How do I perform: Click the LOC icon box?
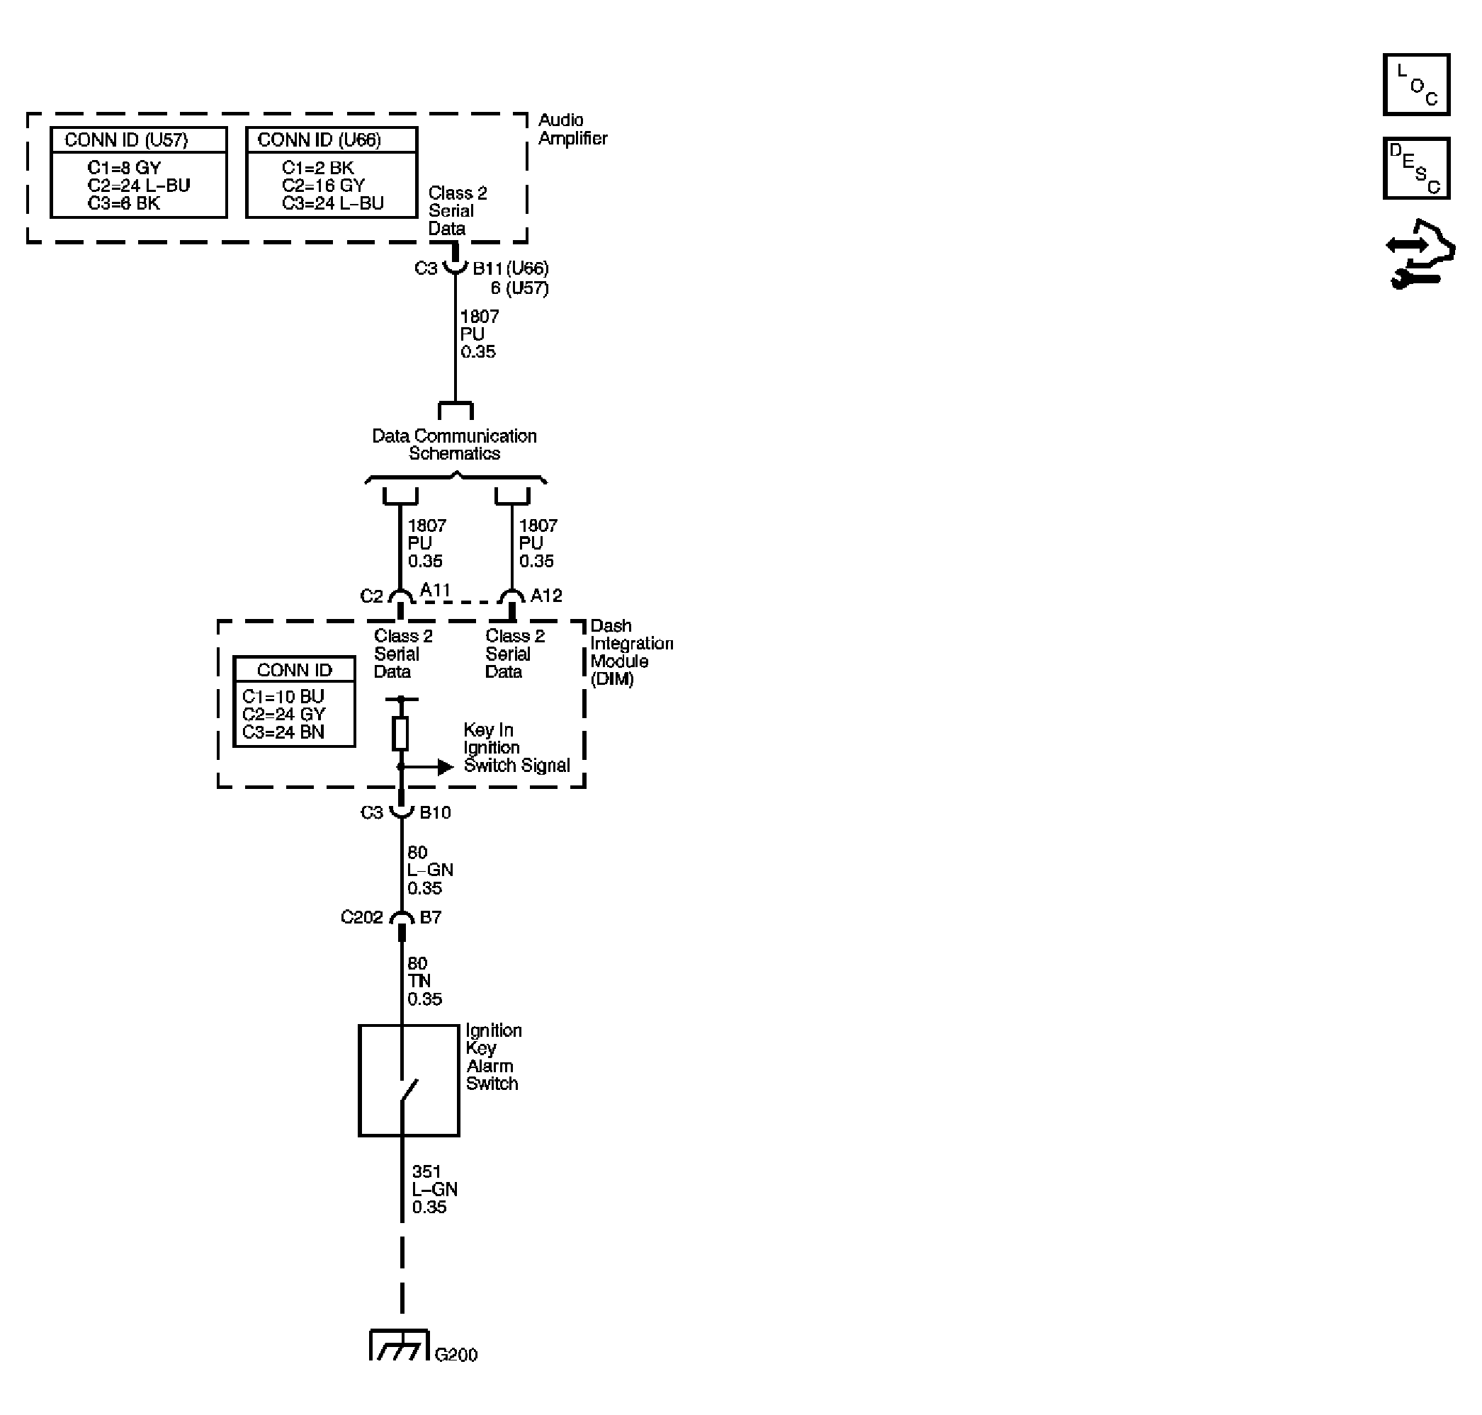click(1415, 84)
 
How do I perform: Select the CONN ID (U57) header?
click(126, 140)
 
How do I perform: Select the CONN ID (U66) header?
click(319, 140)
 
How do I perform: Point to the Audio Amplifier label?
click(572, 129)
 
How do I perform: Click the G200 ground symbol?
click(399, 1346)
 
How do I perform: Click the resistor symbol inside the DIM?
click(401, 733)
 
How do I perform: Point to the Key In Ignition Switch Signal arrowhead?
click(445, 767)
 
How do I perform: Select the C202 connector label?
click(361, 917)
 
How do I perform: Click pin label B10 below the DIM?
click(435, 812)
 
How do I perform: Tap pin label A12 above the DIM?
click(545, 596)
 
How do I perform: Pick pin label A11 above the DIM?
click(435, 590)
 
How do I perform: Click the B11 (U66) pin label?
click(510, 268)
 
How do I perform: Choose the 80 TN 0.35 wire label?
click(424, 982)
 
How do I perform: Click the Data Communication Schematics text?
click(454, 445)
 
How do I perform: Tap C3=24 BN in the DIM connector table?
click(283, 732)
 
